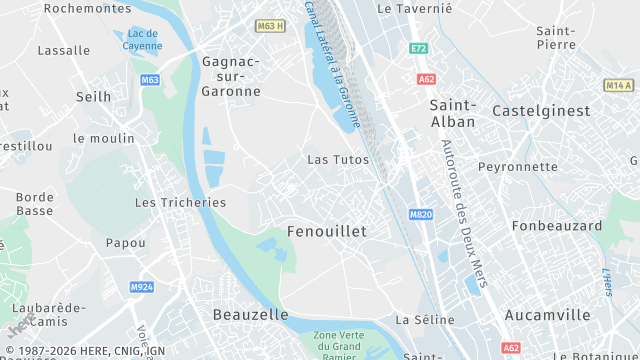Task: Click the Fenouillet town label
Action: tap(326, 231)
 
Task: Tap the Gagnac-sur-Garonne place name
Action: tap(231, 76)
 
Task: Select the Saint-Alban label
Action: tap(452, 112)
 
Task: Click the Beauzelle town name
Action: tap(250, 314)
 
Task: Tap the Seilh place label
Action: tap(94, 96)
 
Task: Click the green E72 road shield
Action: tap(418, 48)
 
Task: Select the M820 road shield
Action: tap(420, 214)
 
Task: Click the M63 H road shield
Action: tap(270, 26)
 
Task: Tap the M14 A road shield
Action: tap(619, 86)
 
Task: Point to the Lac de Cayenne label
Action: tap(143, 39)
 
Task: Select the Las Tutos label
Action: tap(337, 159)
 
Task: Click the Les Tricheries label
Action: tap(180, 202)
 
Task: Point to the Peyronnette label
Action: tap(518, 166)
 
